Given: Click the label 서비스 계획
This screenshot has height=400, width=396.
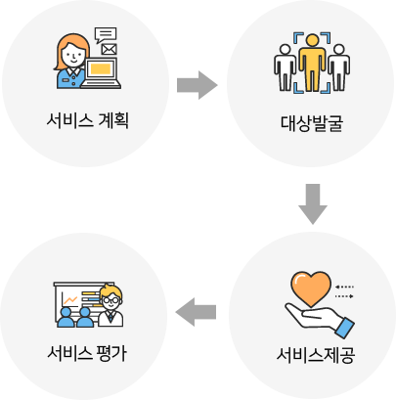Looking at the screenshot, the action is tap(87, 120).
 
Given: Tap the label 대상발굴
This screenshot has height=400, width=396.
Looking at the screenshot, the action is tap(312, 123).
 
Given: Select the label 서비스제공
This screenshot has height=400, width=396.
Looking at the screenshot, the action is tap(315, 355).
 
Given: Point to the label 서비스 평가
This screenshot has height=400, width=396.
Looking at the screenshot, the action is tap(87, 352).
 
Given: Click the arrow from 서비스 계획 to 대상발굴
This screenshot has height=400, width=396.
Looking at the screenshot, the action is tap(198, 85).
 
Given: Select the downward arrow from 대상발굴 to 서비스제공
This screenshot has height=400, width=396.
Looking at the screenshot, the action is tap(313, 203).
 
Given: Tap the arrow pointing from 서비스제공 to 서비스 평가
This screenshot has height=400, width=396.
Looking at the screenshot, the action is tap(196, 312).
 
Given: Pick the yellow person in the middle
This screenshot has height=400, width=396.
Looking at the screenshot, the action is tap(312, 62).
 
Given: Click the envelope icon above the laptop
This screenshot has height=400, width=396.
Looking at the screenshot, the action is tap(109, 50).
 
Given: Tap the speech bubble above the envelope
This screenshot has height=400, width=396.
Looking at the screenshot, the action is tap(106, 35).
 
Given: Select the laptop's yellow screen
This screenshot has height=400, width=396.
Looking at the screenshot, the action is tap(101, 68).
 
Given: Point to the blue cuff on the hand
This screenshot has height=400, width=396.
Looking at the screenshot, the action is tap(345, 328).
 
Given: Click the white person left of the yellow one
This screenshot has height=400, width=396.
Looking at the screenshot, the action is tap(286, 67).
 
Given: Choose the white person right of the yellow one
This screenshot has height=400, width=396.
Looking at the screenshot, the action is tap(339, 67).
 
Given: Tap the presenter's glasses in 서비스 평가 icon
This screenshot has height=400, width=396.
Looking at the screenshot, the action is tap(110, 299).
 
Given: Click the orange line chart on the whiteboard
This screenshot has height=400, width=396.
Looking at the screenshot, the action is tap(70, 300).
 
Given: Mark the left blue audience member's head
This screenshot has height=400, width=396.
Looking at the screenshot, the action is tap(66, 313).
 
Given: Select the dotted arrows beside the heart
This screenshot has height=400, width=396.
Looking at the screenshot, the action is tap(344, 291).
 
